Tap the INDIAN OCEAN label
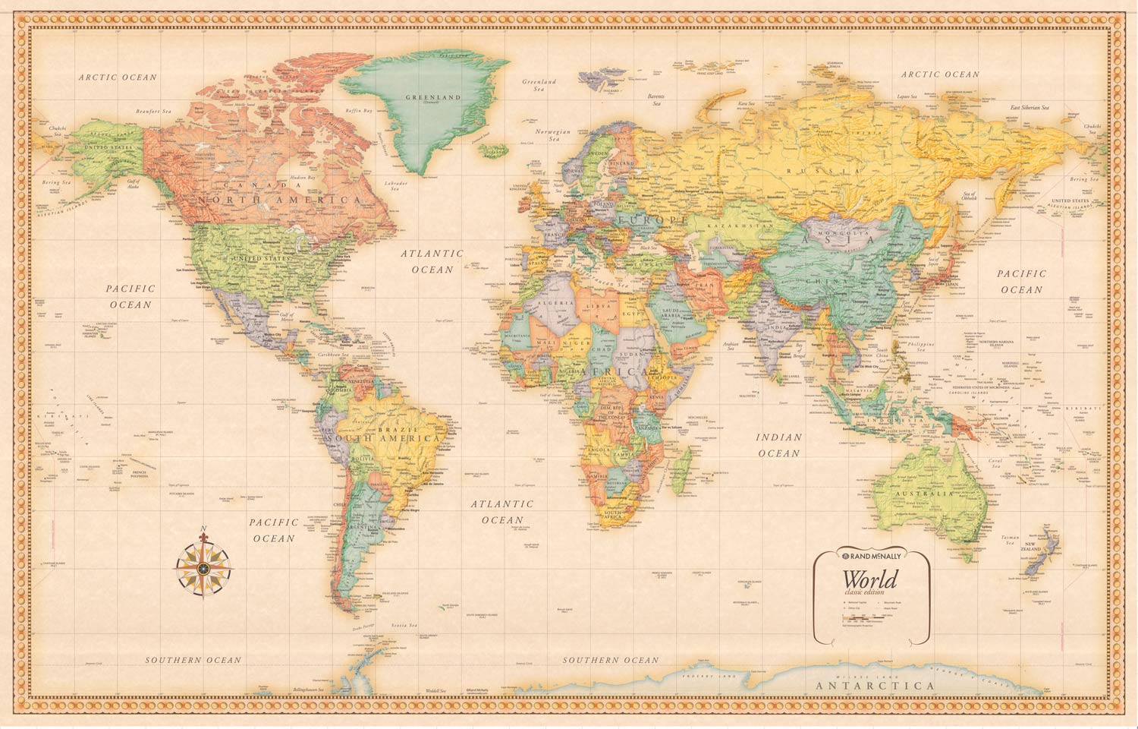(x=778, y=445)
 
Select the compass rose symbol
(x=204, y=567)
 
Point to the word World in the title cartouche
(x=869, y=580)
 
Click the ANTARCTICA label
(x=875, y=686)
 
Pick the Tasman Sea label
(x=1010, y=540)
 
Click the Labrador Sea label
(x=395, y=186)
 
